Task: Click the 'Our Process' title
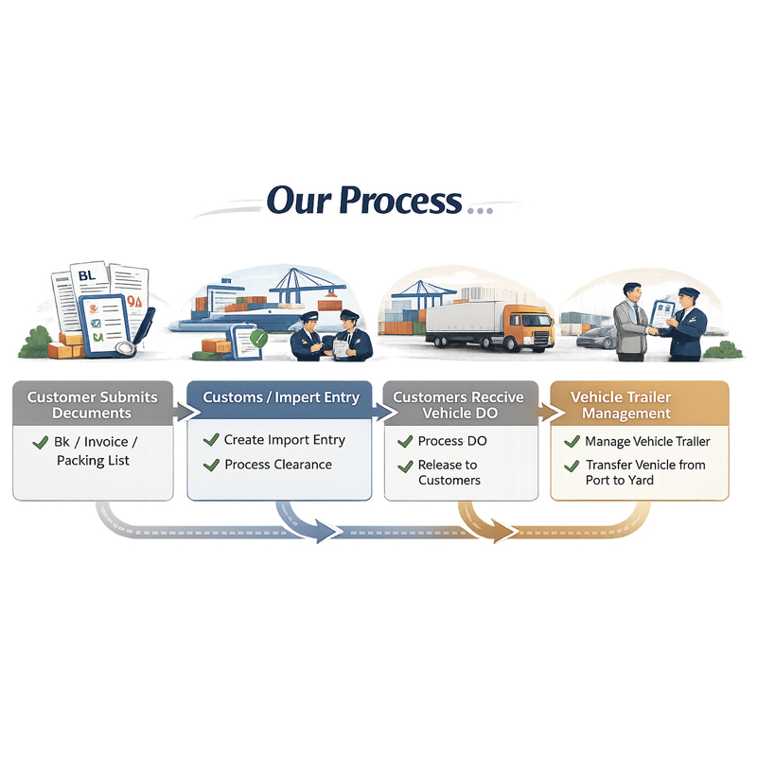click(x=363, y=201)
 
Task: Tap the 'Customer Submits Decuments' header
click(x=92, y=404)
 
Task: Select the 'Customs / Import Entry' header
click(x=281, y=397)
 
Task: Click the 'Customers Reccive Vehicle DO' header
click(x=459, y=404)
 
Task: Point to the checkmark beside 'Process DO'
click(x=405, y=442)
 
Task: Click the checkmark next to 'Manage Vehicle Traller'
click(x=572, y=442)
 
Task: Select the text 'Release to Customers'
click(x=449, y=472)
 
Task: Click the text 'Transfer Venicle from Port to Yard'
click(x=645, y=472)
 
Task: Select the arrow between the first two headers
click(x=181, y=412)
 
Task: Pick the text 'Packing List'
click(x=93, y=461)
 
